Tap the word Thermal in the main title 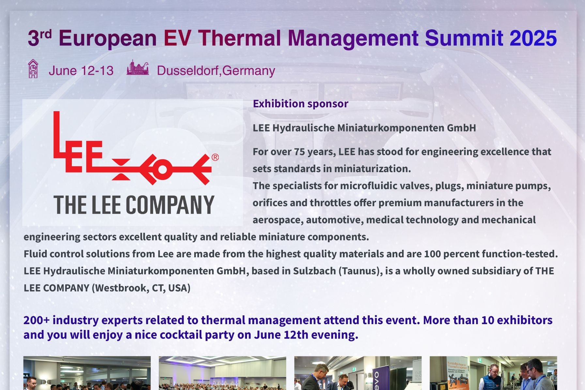(x=239, y=38)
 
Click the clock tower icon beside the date (x=33, y=69)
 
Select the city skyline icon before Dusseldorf (x=138, y=68)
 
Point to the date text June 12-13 (x=81, y=71)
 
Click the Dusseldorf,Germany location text (x=216, y=71)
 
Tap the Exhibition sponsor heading (x=300, y=104)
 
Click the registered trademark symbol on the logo (x=215, y=157)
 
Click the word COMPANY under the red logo (x=170, y=205)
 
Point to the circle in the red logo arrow (x=162, y=169)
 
